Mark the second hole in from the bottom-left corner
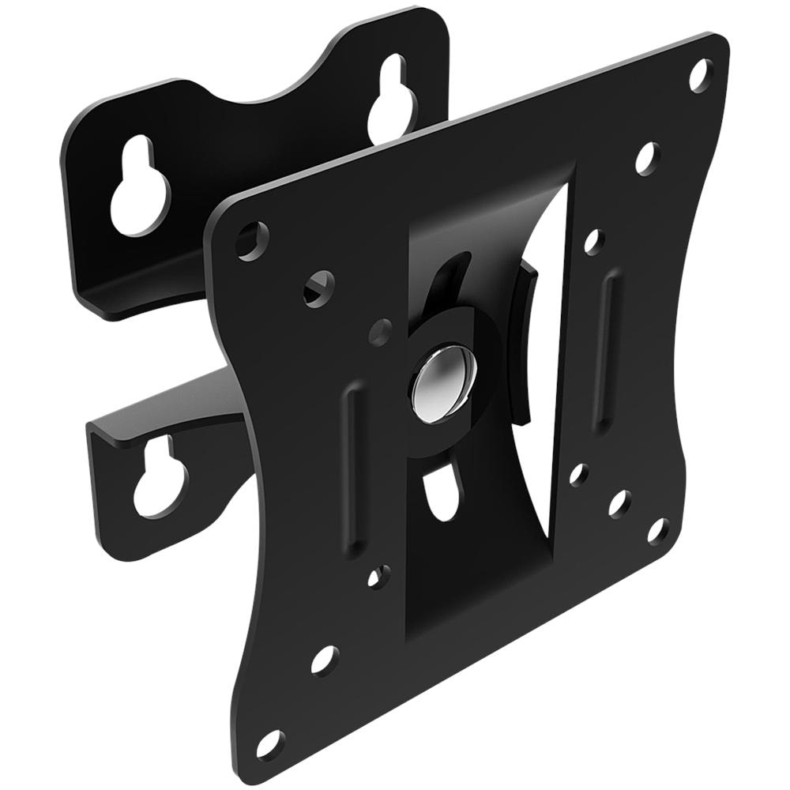[324, 659]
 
